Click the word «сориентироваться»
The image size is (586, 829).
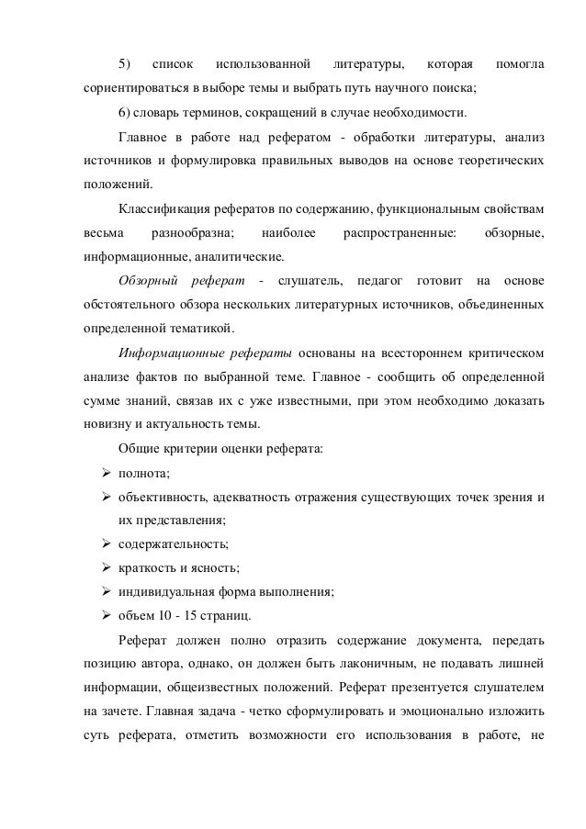pos(126,90)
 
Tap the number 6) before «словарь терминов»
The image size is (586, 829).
pos(126,114)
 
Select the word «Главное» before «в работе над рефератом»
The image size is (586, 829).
pos(144,138)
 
